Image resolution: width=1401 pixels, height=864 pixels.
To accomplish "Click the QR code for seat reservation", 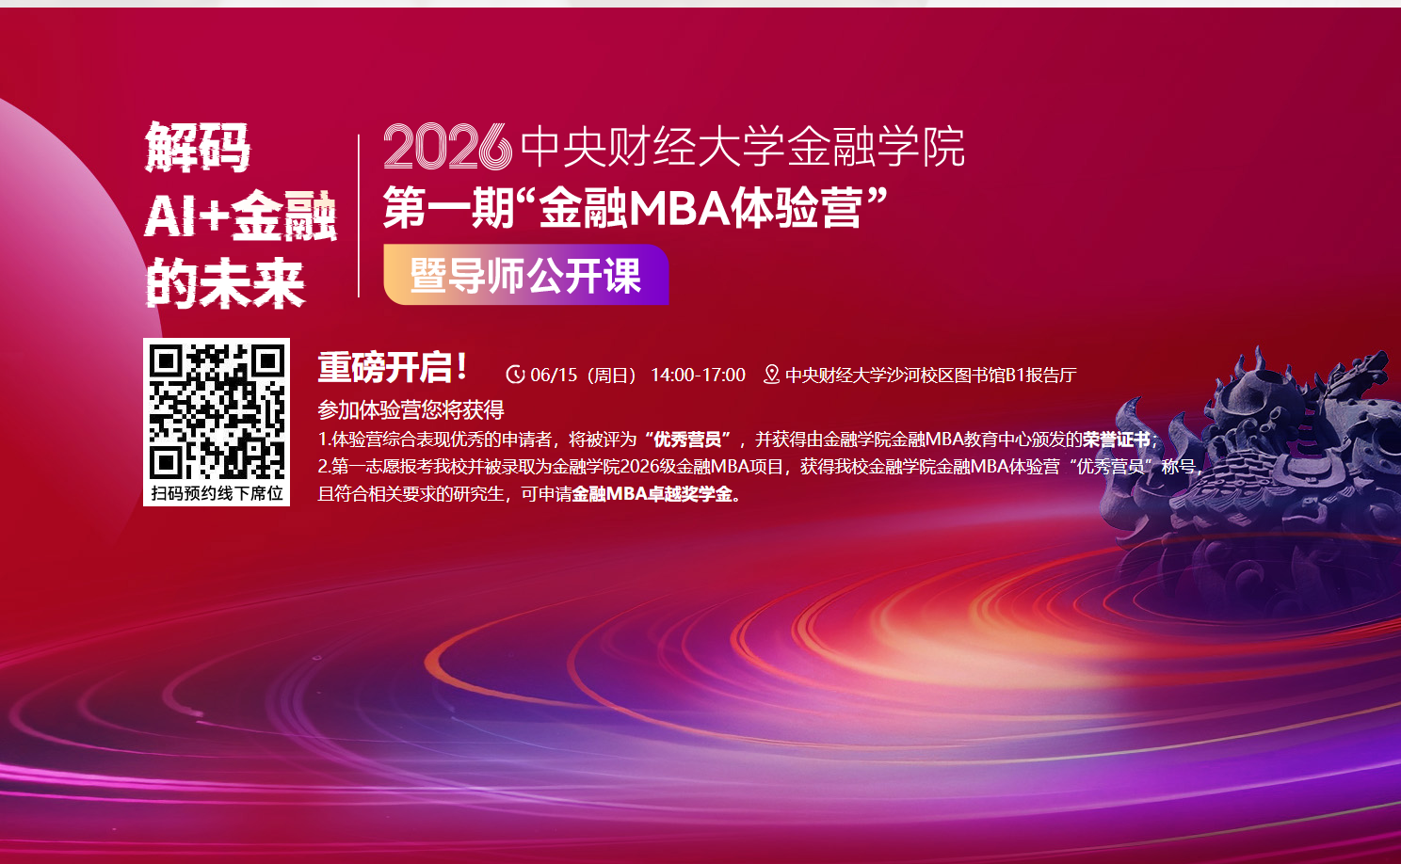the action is [x=217, y=411].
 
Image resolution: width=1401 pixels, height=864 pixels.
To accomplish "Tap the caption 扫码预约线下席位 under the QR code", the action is [x=217, y=493].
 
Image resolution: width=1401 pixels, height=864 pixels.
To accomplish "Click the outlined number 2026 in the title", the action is [x=447, y=147].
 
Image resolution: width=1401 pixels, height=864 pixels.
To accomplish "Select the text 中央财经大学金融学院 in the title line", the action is [x=743, y=147].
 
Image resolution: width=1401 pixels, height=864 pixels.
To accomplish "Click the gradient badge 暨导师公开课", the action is [x=526, y=275].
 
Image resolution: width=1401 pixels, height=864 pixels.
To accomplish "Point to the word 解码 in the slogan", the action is [x=198, y=147].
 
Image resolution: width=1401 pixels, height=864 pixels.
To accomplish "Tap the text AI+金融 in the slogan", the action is [x=241, y=216].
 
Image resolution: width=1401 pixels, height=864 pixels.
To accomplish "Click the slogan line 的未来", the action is [x=225, y=283].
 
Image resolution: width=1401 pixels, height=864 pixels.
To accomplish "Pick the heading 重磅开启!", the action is [x=393, y=367].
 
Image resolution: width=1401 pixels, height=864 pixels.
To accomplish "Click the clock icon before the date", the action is [x=515, y=375].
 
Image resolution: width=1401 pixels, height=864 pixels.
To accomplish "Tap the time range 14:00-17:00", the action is [x=698, y=375].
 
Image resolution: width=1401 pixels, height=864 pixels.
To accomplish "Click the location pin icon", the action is [x=772, y=375].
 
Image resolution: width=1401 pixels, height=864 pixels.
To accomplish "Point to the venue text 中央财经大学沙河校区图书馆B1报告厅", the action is [x=930, y=376].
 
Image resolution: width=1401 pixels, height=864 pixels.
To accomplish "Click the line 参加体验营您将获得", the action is [x=411, y=410].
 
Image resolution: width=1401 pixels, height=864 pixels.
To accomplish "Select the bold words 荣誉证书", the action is [x=1117, y=440].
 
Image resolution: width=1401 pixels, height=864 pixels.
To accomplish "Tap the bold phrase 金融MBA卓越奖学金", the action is [x=652, y=494].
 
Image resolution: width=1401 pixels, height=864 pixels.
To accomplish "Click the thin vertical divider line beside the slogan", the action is [x=359, y=216].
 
